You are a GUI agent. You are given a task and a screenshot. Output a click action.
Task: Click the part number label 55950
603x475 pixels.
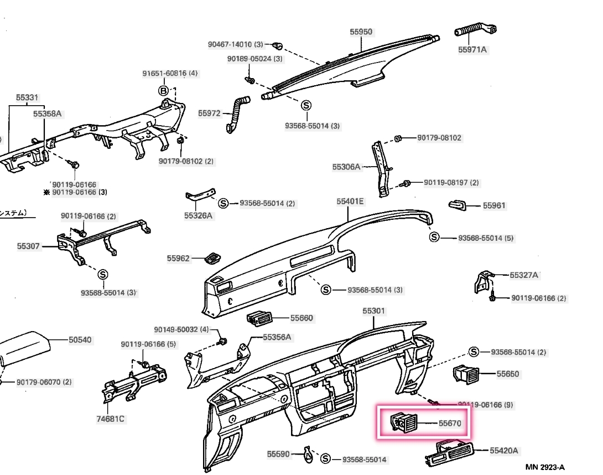click(361, 32)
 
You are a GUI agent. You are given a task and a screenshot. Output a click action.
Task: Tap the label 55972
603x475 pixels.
click(209, 113)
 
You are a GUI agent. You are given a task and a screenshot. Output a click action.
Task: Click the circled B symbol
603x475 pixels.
click(164, 90)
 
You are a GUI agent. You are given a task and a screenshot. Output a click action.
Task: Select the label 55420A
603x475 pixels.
click(504, 451)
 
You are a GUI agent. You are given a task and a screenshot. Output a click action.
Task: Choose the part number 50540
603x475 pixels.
click(80, 340)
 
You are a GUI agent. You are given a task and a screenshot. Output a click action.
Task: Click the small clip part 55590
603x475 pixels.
click(309, 455)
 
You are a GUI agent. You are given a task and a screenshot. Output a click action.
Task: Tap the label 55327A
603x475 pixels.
click(524, 275)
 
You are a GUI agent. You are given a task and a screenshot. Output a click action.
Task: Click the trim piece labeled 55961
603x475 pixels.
click(458, 205)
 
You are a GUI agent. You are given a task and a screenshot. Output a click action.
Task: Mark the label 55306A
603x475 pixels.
click(346, 166)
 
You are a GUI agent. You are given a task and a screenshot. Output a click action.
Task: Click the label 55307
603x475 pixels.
click(28, 245)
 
